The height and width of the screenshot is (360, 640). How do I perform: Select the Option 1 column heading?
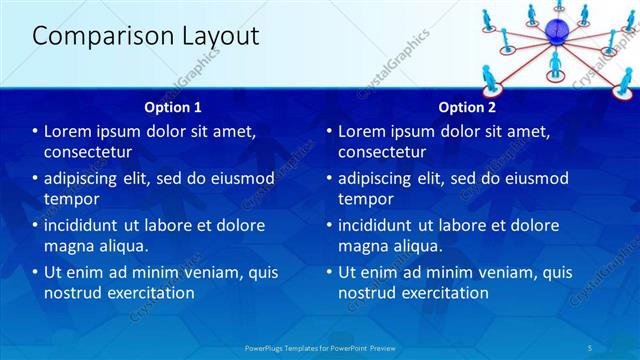(173, 107)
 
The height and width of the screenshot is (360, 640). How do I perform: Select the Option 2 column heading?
(466, 107)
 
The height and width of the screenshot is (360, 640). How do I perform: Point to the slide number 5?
(591, 347)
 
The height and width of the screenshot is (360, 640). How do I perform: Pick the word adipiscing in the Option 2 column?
(381, 178)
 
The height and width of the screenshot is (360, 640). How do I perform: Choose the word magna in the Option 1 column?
(69, 246)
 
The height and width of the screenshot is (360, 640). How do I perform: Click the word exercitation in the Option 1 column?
(148, 293)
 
